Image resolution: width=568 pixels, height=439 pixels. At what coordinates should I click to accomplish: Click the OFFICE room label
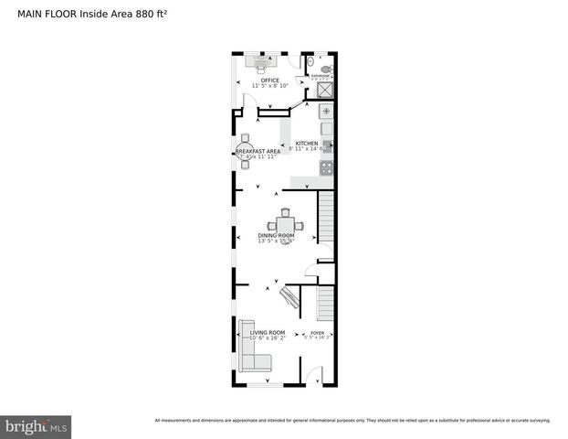coord(269,80)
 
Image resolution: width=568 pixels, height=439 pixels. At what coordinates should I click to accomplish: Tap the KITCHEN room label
coord(307,144)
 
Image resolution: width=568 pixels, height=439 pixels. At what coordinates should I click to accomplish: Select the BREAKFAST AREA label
coord(258,151)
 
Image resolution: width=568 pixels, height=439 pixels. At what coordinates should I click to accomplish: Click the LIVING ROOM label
coord(268,332)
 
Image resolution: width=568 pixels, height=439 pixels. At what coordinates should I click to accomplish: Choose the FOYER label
coord(318,333)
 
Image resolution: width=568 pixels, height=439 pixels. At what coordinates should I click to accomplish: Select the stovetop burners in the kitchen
coord(326,167)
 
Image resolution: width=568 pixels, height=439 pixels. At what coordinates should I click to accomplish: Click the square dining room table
coord(286,224)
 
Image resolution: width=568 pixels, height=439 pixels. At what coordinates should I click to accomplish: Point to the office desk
coord(265,63)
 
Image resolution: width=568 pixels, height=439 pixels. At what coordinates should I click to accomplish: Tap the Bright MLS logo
coord(36,427)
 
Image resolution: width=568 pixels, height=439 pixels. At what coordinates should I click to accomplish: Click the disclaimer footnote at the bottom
coord(352,420)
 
